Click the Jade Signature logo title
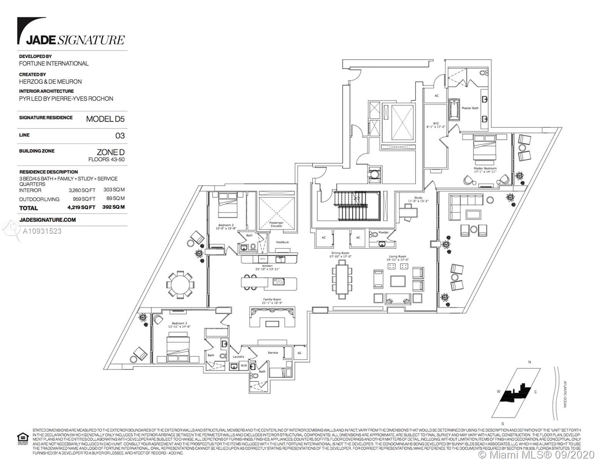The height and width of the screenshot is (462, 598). pos(75,40)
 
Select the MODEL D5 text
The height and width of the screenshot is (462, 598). pos(105,119)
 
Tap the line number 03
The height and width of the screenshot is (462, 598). pos(120,136)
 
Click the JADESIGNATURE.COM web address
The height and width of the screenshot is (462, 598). pos(47,220)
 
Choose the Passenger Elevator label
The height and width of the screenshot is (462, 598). pos(276,224)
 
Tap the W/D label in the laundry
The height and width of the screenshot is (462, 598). pos(243,365)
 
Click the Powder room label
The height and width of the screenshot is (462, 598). pos(383,233)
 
